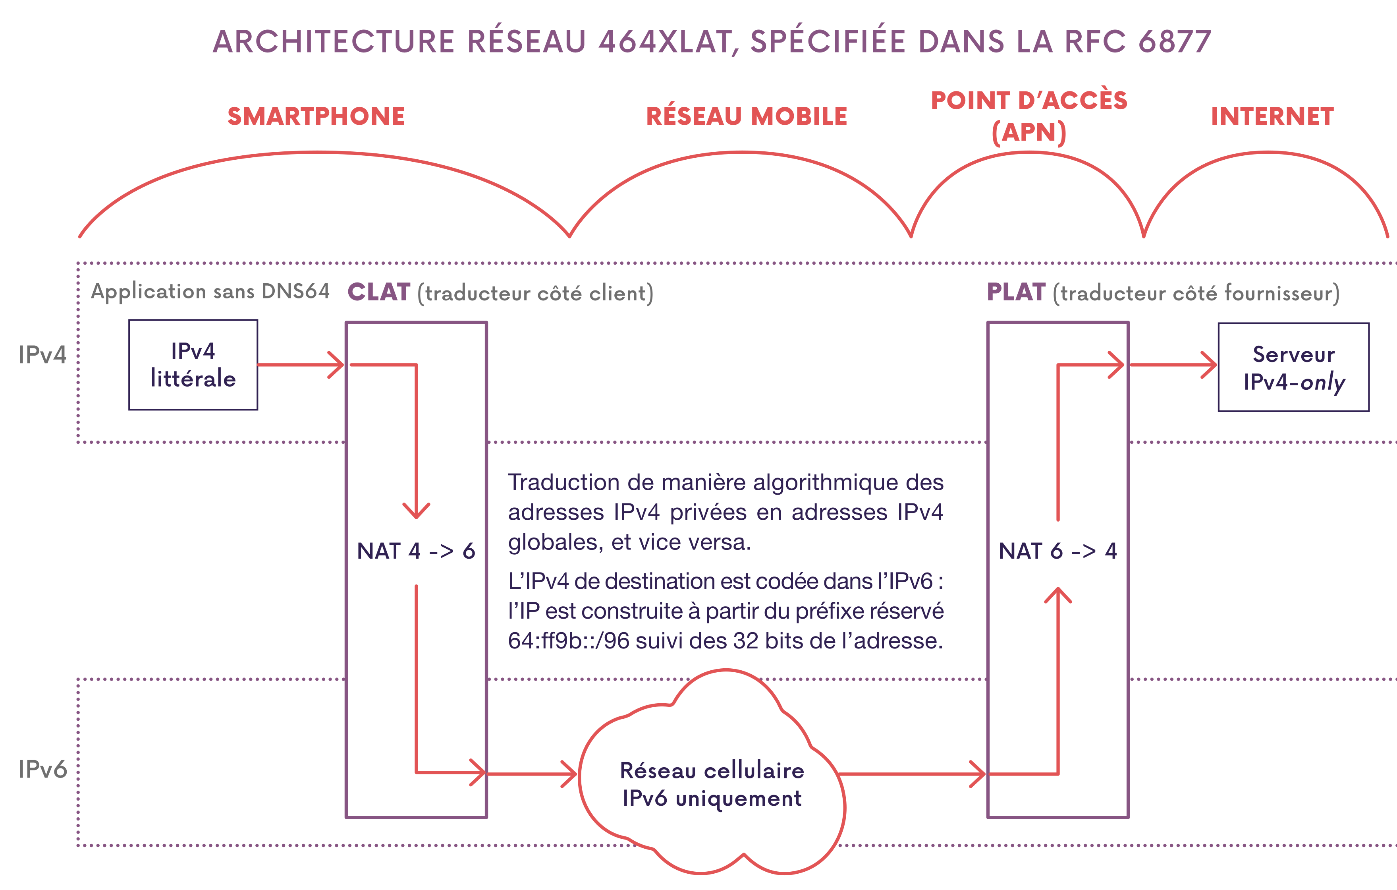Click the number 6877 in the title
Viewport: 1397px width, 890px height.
[1175, 42]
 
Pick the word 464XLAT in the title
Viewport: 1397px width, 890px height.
[665, 42]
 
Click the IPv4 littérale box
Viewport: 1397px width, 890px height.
[193, 365]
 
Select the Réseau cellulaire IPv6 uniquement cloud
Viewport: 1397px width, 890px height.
[712, 784]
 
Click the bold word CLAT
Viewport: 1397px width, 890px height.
[379, 292]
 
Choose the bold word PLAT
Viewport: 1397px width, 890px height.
[1016, 292]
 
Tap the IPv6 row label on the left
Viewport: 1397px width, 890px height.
[42, 769]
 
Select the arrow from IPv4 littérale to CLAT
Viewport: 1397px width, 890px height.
[301, 365]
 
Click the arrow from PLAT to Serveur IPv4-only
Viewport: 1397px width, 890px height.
[1173, 365]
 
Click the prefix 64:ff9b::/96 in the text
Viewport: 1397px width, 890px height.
[569, 641]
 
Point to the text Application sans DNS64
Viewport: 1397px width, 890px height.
[210, 291]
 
